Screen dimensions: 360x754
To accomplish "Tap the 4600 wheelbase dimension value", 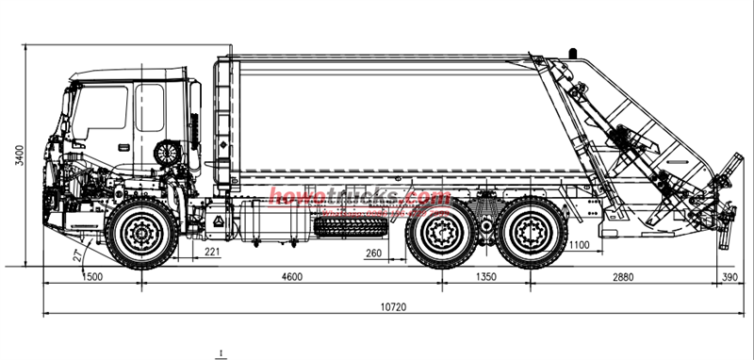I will (293, 276).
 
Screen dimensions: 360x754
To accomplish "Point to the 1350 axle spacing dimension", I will (486, 276).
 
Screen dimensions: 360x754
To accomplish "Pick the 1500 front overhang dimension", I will (92, 276).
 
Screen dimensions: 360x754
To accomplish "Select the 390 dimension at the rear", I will (730, 276).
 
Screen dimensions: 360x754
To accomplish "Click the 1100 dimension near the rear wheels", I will (579, 246).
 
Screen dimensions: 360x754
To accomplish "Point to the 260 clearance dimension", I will (373, 253).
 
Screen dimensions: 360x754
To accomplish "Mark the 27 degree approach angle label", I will (76, 254).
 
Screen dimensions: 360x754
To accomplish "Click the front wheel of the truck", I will (141, 232).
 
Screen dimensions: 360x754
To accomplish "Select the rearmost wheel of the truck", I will (533, 232).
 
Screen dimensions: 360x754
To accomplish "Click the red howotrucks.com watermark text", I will (361, 197).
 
